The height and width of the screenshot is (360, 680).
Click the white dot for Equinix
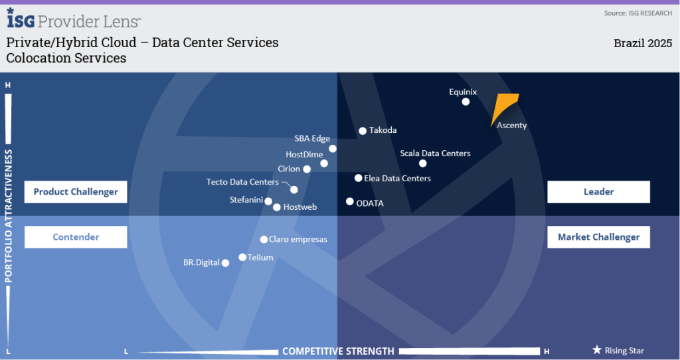tap(466, 102)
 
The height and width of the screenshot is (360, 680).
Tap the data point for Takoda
tap(363, 131)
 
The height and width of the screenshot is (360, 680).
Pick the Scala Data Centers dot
tap(423, 163)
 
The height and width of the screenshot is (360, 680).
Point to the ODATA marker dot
tap(350, 201)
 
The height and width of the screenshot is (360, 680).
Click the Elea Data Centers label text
tap(397, 178)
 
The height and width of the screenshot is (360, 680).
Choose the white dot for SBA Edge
tap(333, 149)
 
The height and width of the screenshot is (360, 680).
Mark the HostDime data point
tap(324, 163)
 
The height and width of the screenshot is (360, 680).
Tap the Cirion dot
tap(307, 169)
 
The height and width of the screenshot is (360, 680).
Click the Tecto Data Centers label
tap(242, 182)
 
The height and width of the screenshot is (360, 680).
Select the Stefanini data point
tap(268, 201)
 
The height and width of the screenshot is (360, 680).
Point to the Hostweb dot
tap(277, 207)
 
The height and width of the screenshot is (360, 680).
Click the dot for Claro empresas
tap(264, 239)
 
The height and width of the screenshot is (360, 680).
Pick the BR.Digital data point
tap(226, 263)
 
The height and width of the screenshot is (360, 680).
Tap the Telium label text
tap(260, 258)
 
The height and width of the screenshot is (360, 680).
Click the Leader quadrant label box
tap(598, 192)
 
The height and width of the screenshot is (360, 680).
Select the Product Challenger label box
tap(76, 192)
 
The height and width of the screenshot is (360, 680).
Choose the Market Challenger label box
tap(598, 237)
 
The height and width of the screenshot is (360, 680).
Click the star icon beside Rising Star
tap(597, 349)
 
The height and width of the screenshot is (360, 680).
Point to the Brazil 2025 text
tap(643, 43)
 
